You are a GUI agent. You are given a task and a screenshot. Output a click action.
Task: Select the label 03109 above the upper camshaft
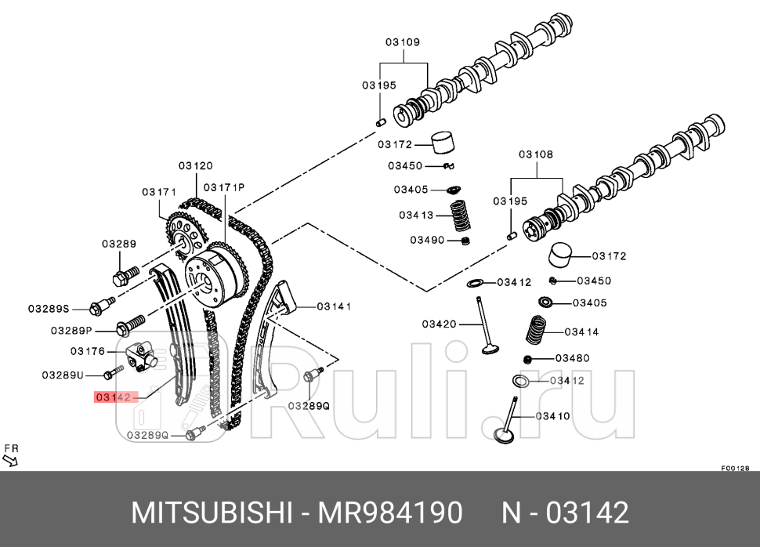pos(403,42)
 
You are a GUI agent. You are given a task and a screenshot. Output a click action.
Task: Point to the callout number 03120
pos(195,166)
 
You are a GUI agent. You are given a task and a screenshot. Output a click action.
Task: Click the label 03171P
pos(224,187)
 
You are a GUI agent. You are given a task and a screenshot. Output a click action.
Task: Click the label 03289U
pos(63,375)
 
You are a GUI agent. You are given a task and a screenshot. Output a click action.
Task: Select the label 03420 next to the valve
pos(439,324)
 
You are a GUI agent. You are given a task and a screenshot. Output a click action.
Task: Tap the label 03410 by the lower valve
pos(552,416)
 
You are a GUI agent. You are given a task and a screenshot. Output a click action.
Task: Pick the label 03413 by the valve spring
pos(416,215)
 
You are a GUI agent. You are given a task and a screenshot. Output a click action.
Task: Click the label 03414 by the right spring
pos(581,331)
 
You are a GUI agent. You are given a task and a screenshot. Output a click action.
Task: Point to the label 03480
pos(572,358)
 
